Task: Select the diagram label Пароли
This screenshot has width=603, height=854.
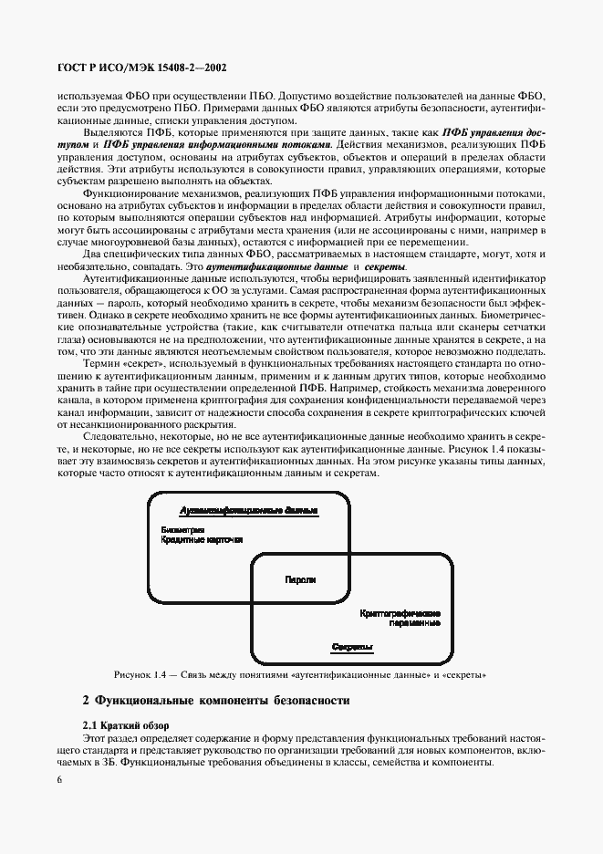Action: tap(300, 579)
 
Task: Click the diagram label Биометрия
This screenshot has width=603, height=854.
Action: tap(182, 530)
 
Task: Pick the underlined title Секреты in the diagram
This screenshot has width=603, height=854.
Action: tap(351, 647)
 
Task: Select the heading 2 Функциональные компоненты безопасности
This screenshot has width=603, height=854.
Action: tap(215, 701)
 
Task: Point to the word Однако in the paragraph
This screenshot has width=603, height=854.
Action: tap(75, 313)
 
